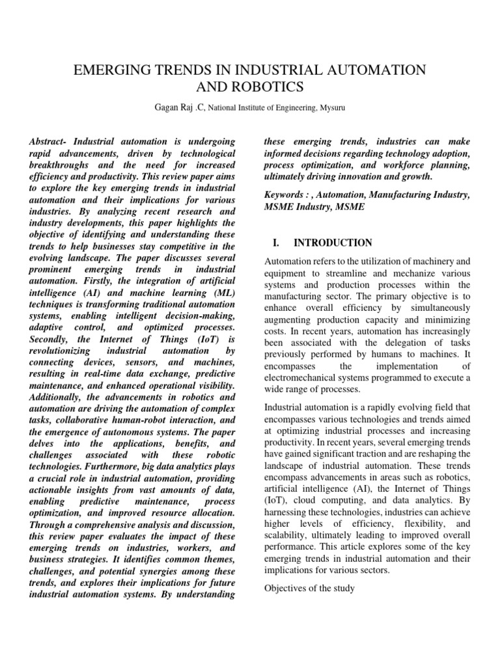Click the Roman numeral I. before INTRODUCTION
(275, 243)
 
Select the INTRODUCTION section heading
(333, 243)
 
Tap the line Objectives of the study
(309, 589)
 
